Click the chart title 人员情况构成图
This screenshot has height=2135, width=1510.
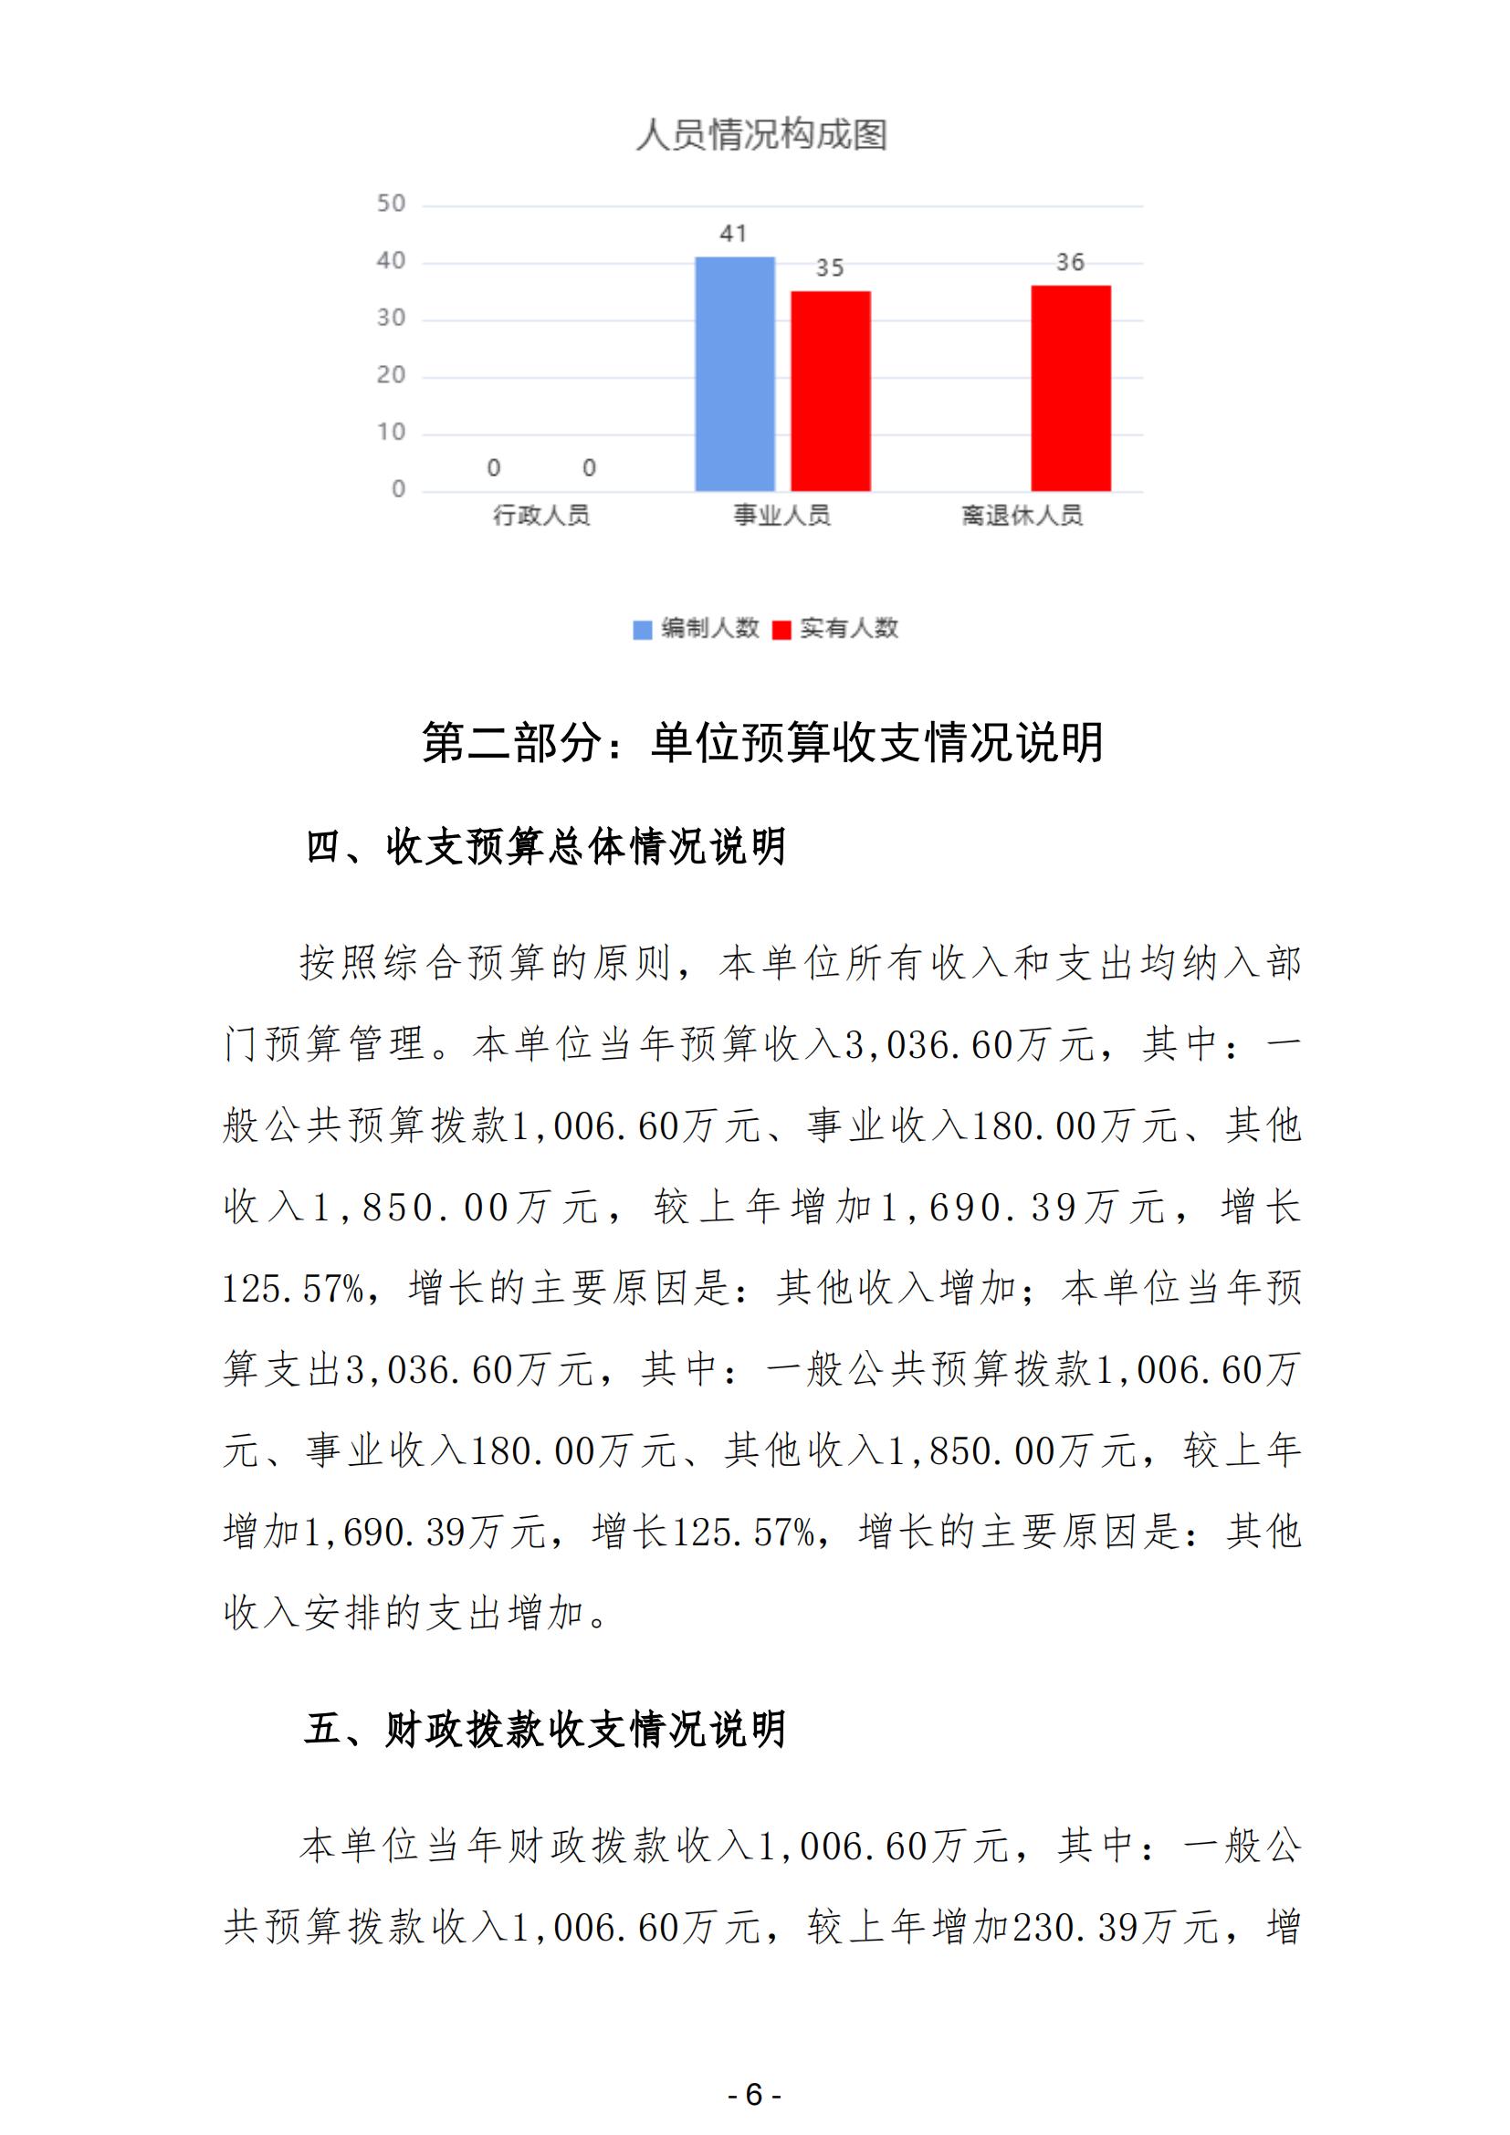761,135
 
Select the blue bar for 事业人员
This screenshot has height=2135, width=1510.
735,374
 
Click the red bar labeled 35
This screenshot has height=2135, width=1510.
830,391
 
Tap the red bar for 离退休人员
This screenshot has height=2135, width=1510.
1070,388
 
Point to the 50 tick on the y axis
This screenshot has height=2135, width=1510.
392,204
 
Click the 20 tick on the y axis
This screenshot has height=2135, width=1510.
392,376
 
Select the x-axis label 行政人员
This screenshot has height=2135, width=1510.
541,515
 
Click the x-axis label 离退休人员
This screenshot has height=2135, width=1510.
1022,515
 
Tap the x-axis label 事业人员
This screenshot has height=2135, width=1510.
781,515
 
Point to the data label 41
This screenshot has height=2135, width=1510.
734,234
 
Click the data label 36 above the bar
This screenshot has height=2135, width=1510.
1070,262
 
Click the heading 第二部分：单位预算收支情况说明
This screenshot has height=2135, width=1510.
762,743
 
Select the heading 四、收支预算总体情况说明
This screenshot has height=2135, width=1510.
547,846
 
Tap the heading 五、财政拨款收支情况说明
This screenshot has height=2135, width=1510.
547,1730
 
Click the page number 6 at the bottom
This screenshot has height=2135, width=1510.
754,2094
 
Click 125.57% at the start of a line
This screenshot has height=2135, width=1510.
293,1289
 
